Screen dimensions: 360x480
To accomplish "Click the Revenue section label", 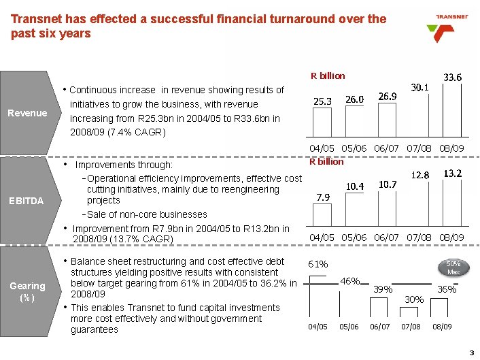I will (x=28, y=113).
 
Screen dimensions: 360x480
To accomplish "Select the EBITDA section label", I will (x=27, y=201).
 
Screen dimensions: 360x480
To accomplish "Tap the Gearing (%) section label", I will (x=28, y=292).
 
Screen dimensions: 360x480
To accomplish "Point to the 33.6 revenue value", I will (x=453, y=78).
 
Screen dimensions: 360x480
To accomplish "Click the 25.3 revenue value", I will (x=322, y=101).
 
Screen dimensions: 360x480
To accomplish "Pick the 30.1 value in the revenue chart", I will (x=419, y=87).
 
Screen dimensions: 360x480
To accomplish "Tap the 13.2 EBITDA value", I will (x=453, y=174).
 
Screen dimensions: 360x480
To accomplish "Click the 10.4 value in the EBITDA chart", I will (x=355, y=186).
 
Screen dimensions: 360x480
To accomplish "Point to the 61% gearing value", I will (x=318, y=264).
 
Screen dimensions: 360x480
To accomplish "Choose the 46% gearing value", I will (x=350, y=280).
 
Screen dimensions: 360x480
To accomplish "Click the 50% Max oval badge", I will (x=453, y=267).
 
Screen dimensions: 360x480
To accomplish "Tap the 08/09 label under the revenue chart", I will (x=451, y=148).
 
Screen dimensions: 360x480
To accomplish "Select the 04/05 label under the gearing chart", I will (x=318, y=327).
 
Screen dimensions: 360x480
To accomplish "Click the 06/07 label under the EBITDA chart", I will (x=387, y=237).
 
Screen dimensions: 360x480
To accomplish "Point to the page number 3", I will (x=470, y=351).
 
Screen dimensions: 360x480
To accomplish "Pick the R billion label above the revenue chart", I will (x=328, y=76).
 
